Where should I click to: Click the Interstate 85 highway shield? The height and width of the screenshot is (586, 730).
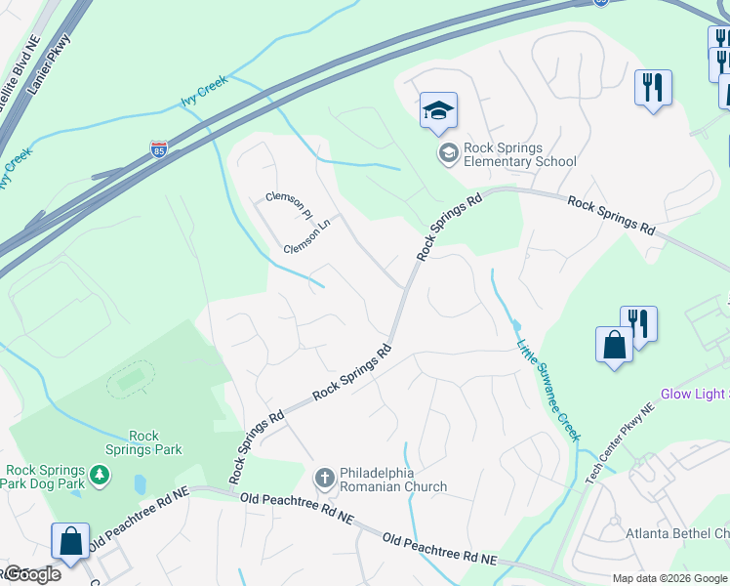click(x=158, y=149)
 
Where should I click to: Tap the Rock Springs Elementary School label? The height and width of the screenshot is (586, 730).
click(x=519, y=155)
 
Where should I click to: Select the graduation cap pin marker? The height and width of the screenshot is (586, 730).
click(x=438, y=111)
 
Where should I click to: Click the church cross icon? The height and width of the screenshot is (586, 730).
click(x=324, y=479)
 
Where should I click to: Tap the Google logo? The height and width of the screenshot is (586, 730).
click(x=31, y=574)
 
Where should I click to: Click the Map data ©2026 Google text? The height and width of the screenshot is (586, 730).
click(x=669, y=578)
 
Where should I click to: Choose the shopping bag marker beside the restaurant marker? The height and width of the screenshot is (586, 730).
click(x=614, y=346)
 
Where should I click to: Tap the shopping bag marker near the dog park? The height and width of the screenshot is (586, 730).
click(x=70, y=541)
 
